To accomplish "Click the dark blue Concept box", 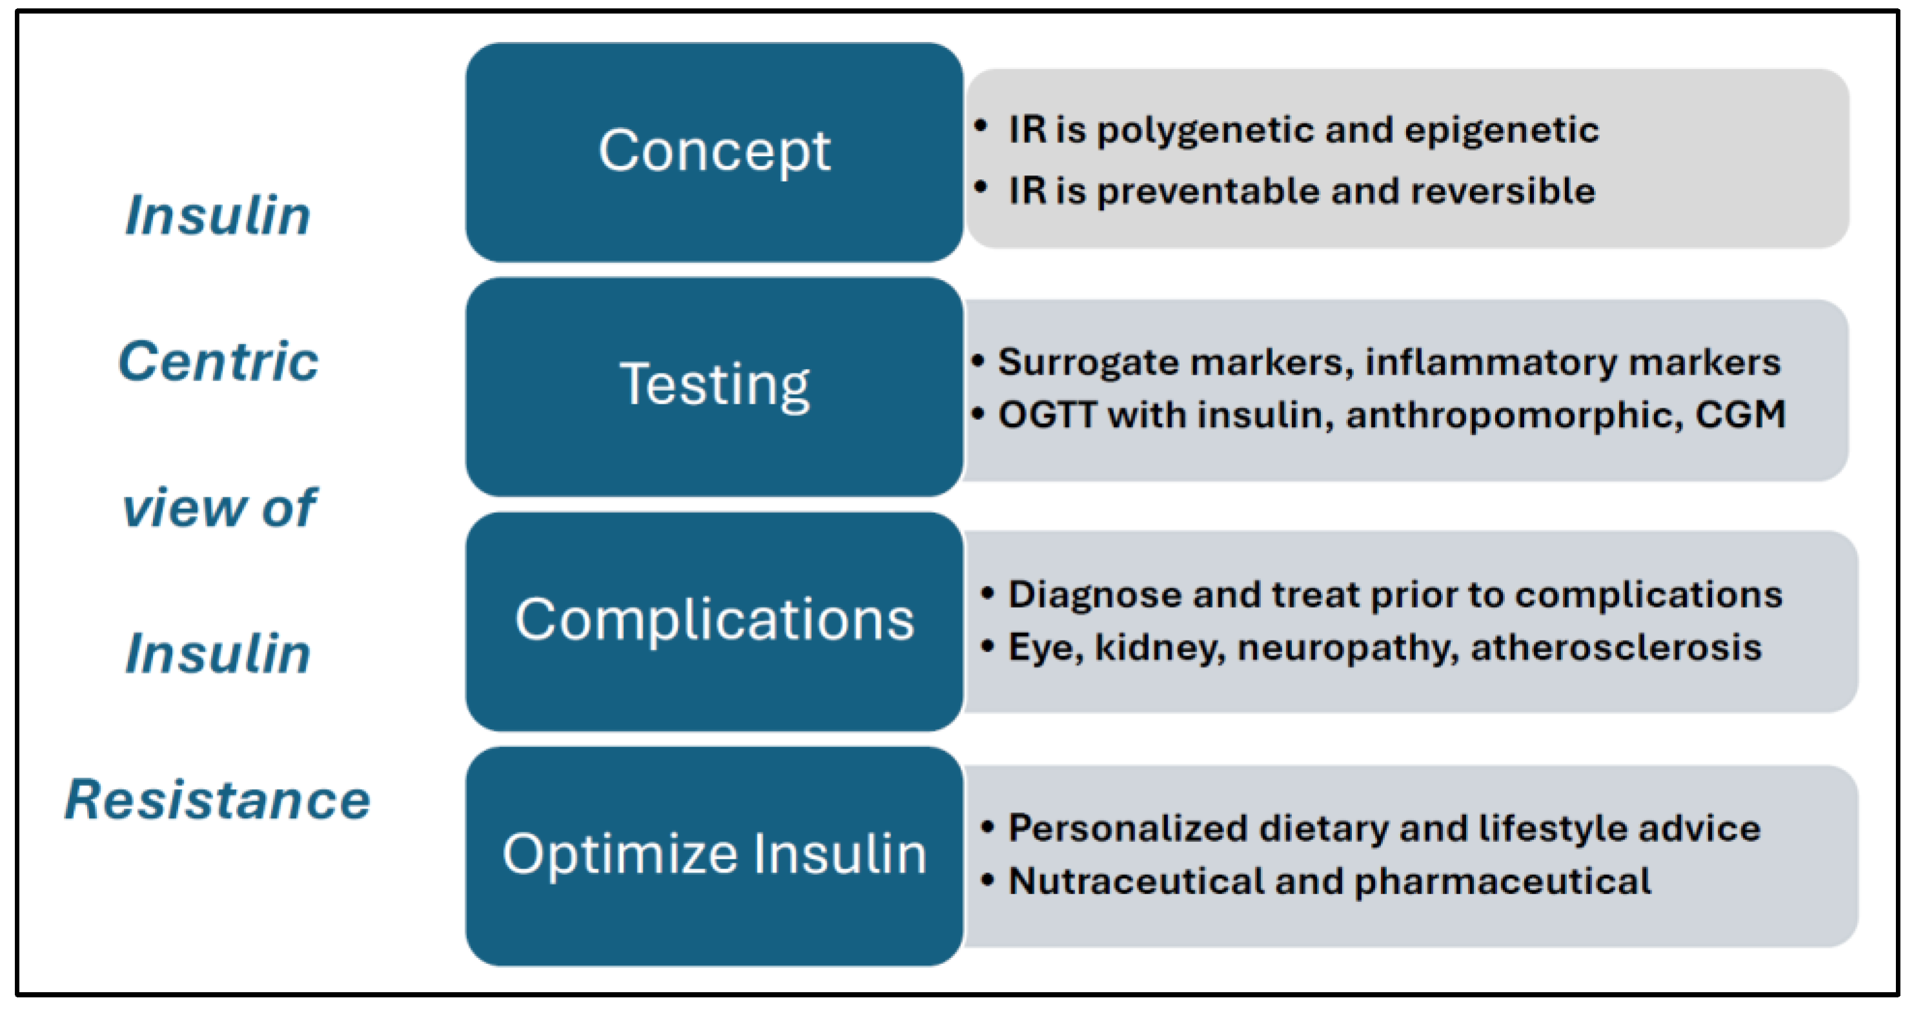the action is click(x=714, y=152).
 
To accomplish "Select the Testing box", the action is click(x=714, y=386).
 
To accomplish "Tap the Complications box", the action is click(x=714, y=621).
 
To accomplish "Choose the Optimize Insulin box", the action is click(x=714, y=856).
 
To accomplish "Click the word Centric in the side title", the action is click(x=219, y=361).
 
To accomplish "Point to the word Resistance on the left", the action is click(x=218, y=799).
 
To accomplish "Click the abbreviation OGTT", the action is click(x=1047, y=415).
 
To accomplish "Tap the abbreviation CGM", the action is click(x=1740, y=415).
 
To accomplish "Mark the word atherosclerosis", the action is click(x=1616, y=647).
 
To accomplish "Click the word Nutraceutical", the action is click(x=1136, y=881).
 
